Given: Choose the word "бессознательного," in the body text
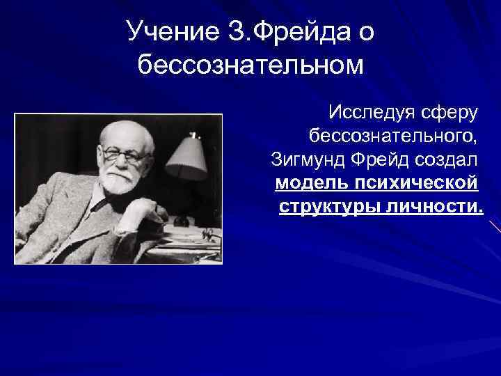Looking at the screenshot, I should (x=392, y=136).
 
